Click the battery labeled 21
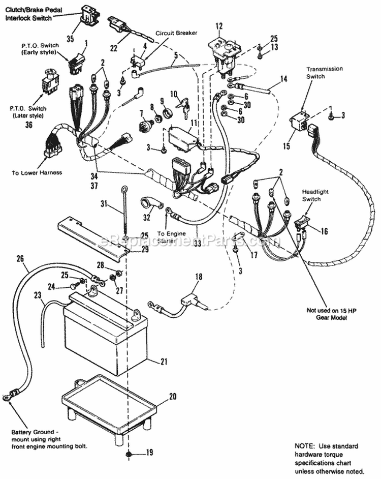(104, 336)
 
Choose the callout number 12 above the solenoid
(219, 26)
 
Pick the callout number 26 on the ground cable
(20, 258)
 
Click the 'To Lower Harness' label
(37, 172)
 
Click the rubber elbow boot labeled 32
(151, 205)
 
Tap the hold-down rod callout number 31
(104, 204)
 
